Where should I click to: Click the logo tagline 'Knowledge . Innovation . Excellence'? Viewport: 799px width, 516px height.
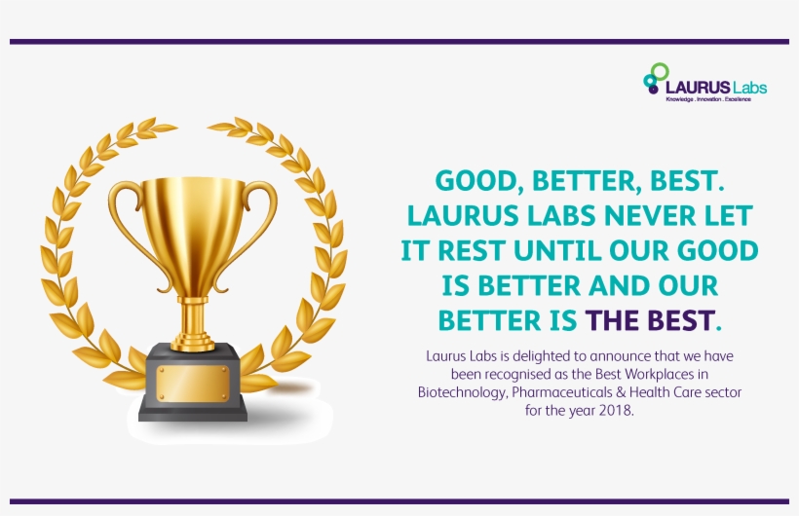coord(707,99)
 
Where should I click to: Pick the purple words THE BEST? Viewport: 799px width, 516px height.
coord(649,320)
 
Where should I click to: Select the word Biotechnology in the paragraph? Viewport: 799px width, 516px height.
coord(462,392)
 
